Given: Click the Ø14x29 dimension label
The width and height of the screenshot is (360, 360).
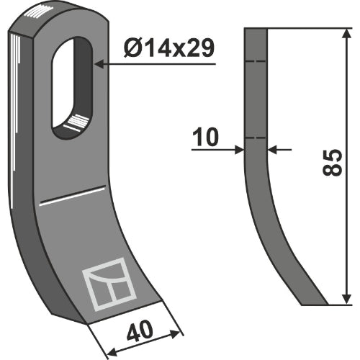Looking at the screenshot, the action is coord(168,48).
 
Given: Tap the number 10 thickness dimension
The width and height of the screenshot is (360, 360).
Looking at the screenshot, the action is coord(205,137).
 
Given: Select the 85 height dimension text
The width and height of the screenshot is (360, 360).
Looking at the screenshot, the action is coord(332,163).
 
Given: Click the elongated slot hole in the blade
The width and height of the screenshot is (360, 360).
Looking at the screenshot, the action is coord(72,88).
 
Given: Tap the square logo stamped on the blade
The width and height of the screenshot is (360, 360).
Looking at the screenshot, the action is coord(109,284).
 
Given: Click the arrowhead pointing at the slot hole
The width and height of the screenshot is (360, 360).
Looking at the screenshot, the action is coord(100,64).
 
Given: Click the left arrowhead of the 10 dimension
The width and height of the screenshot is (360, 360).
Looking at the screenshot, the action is coord(239,150).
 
